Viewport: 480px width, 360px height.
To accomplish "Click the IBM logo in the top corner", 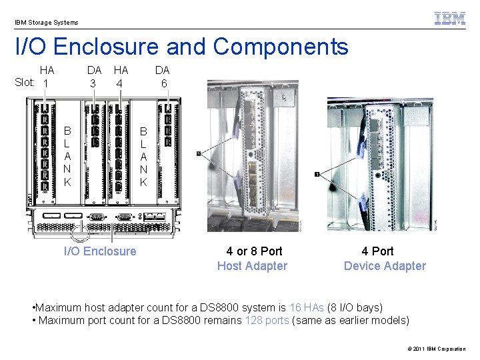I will coord(450,19).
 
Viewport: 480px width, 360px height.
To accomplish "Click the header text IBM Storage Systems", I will coord(47,23).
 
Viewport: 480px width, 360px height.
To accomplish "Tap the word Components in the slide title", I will coord(281,47).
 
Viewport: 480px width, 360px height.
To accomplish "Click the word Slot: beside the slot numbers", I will coord(25,83).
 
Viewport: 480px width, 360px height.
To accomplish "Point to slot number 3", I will coord(94,83).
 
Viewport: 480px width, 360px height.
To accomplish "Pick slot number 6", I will coord(163,83).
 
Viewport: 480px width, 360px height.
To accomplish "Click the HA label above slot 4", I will coord(121,69).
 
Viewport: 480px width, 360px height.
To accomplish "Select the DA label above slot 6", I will coord(163,69).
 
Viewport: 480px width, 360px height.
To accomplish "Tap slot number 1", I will coord(45,83).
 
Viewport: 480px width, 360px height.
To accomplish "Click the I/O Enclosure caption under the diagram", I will coord(100,251).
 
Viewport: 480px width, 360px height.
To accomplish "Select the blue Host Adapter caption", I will coord(252,266).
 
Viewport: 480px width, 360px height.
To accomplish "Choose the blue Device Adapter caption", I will coord(385,266).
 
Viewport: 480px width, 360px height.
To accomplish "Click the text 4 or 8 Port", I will coord(254,251).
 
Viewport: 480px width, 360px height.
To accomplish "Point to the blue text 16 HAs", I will coord(307,307).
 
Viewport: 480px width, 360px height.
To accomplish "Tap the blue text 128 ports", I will coord(267,320).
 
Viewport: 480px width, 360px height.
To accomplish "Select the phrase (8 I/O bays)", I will coord(355,307).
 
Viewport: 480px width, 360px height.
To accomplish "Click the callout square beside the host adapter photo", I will coord(199,154).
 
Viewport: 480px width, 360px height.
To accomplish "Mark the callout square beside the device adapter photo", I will coord(317,174).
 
